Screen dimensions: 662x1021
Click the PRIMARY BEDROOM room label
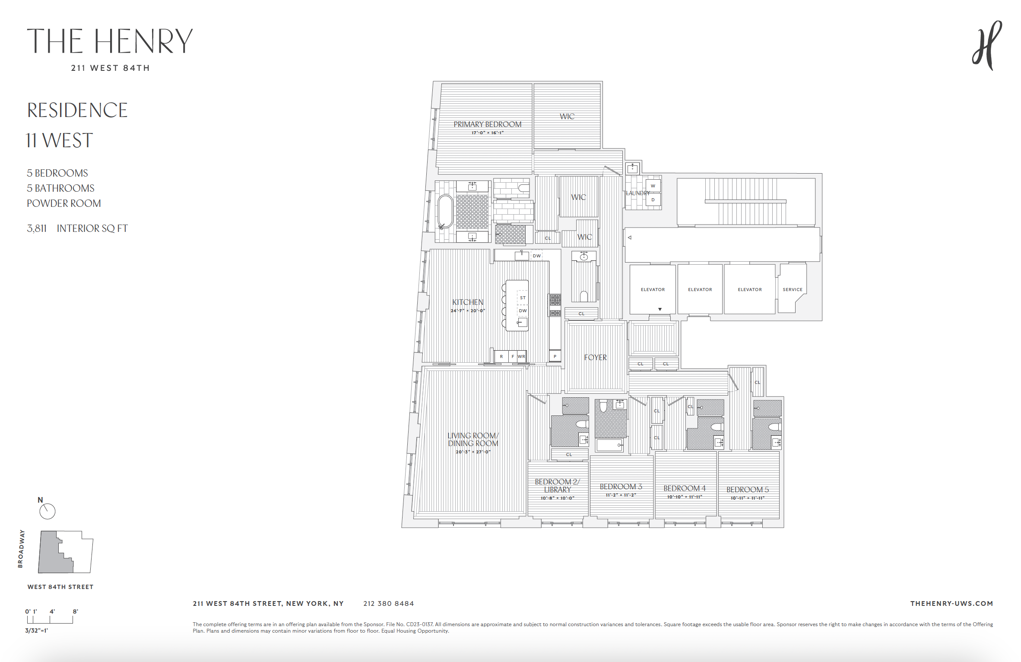(x=487, y=124)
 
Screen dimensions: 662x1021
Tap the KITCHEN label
(x=468, y=302)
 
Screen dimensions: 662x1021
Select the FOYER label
(x=595, y=358)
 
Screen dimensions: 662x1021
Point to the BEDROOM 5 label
(x=747, y=490)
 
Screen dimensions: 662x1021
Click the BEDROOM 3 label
(x=621, y=487)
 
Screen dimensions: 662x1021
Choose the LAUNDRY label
(x=637, y=193)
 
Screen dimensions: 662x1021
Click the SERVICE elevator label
(x=793, y=290)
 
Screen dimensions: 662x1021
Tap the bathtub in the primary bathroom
(x=445, y=212)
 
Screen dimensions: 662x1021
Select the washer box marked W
(x=653, y=186)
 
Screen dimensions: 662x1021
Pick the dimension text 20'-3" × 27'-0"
(x=473, y=452)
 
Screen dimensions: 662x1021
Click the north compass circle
(x=48, y=512)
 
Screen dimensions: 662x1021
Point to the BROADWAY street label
(x=21, y=548)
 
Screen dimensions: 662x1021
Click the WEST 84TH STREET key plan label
(x=60, y=587)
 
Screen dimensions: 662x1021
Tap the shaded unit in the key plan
(x=50, y=555)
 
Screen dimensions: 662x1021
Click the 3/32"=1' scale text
(x=36, y=630)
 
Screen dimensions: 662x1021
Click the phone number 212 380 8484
(x=388, y=604)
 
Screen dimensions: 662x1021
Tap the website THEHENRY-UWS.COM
(x=951, y=604)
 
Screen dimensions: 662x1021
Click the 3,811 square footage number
(x=37, y=228)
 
